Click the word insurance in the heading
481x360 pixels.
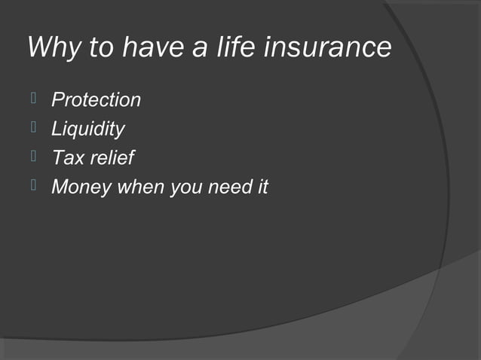click(326, 48)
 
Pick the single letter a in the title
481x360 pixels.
click(193, 50)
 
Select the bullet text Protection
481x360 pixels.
click(96, 100)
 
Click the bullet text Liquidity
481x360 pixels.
click(87, 130)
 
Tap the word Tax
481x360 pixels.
click(67, 158)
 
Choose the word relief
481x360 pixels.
click(112, 158)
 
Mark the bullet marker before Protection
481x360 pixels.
click(33, 98)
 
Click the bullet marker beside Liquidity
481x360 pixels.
click(33, 127)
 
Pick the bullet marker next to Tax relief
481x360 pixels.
click(33, 157)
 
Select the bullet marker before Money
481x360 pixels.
click(33, 186)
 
